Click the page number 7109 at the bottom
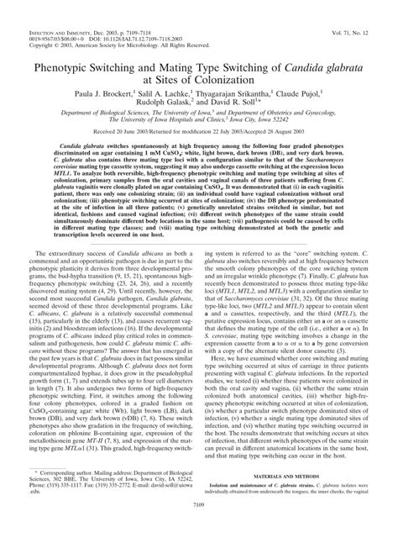tap(199, 526)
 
